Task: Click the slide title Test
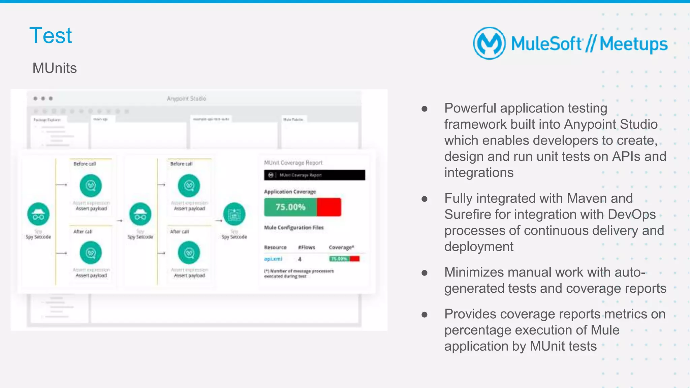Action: pos(51,36)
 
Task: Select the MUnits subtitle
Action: pos(55,68)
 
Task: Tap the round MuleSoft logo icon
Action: pos(489,43)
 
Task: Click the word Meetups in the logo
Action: pos(633,44)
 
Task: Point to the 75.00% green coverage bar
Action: pos(290,207)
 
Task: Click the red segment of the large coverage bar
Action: pos(329,207)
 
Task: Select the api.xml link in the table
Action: pos(273,259)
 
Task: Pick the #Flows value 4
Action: pos(300,259)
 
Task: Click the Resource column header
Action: pos(275,247)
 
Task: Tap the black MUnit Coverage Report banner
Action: pos(314,175)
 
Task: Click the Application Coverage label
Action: pos(290,192)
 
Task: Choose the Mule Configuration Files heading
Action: pos(293,228)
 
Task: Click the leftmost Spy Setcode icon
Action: pos(38,214)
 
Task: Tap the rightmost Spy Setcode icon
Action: pos(234,214)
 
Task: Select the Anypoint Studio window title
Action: pos(186,98)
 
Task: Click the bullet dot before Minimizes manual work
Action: pos(425,272)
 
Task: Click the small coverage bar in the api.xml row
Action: pos(344,259)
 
